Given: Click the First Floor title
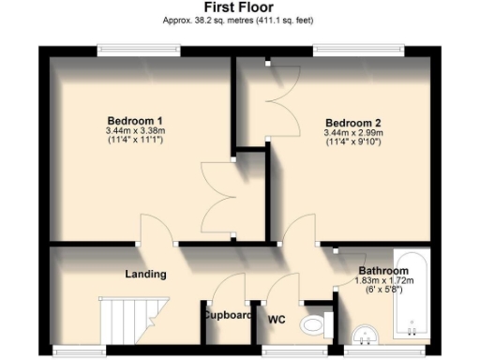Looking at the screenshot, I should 239,7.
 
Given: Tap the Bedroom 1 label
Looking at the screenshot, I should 135,120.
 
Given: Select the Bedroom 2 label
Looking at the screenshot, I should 352,123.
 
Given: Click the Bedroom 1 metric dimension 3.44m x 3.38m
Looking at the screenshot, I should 135,131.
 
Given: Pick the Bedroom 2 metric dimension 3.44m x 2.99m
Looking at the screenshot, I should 352,133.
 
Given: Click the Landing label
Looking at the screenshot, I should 145,275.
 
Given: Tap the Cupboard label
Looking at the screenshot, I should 228,316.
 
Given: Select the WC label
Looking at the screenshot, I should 277,320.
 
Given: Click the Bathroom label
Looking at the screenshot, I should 382,272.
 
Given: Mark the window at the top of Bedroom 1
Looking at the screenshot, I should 138,48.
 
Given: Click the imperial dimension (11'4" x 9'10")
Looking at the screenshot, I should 352,143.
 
